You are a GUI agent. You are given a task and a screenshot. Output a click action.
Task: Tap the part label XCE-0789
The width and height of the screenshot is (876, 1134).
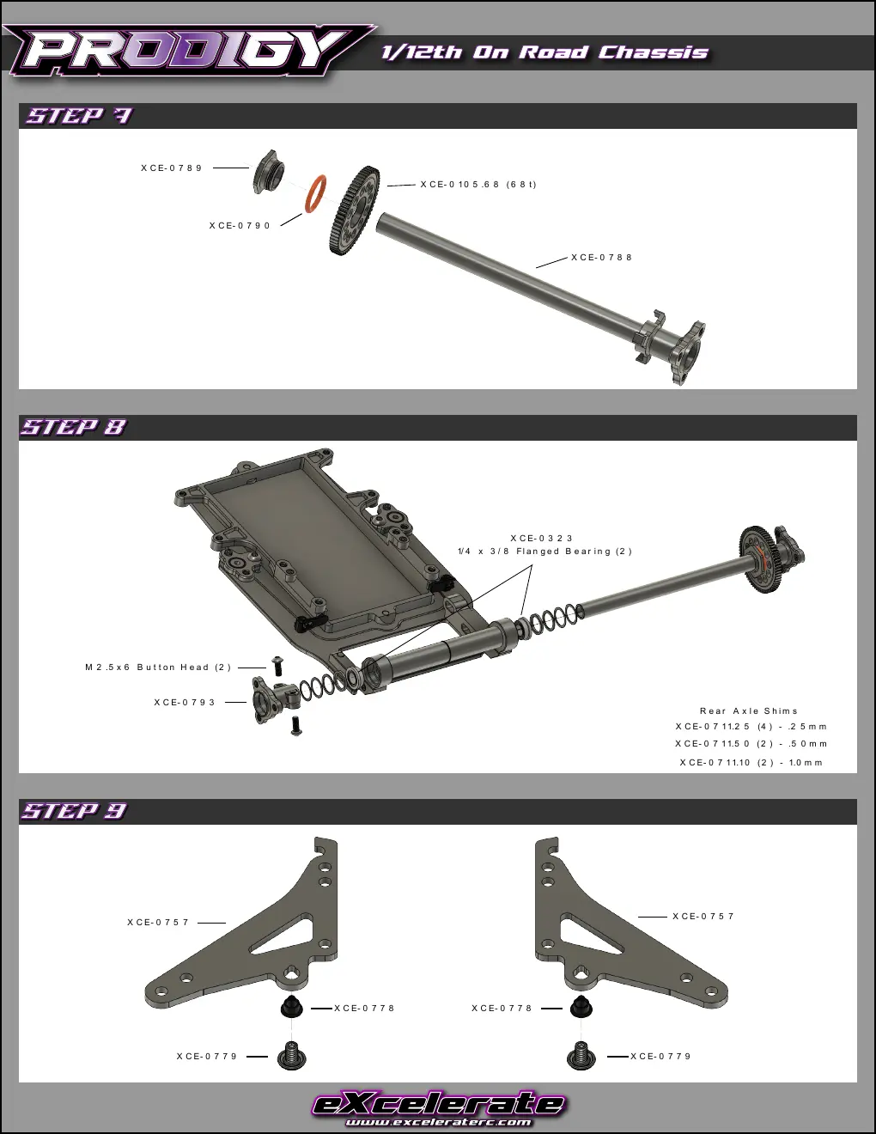click(x=171, y=168)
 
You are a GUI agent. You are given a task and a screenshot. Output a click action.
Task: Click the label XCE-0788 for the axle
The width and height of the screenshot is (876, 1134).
click(x=601, y=257)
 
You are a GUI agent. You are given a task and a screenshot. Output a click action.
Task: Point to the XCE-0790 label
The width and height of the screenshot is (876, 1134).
click(x=240, y=225)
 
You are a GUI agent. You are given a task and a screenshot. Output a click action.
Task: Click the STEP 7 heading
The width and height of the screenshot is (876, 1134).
click(x=79, y=115)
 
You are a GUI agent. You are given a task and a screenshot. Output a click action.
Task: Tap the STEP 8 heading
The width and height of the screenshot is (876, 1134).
click(x=74, y=427)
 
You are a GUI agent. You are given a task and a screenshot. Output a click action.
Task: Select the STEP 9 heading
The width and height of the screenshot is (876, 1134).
click(x=74, y=810)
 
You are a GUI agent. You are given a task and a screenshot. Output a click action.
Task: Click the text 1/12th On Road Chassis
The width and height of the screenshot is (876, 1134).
click(x=544, y=52)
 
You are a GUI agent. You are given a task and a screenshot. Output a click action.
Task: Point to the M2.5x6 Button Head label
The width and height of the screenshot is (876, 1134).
click(x=158, y=667)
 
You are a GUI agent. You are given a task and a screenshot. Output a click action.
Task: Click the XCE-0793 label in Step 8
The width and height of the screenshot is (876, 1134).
click(x=185, y=703)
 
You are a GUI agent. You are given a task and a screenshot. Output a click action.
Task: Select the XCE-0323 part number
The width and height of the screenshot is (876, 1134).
click(x=542, y=538)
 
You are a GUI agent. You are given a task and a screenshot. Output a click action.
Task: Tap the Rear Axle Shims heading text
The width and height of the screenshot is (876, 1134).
click(x=749, y=710)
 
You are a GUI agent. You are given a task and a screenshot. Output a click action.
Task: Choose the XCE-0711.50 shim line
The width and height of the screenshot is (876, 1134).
click(x=751, y=744)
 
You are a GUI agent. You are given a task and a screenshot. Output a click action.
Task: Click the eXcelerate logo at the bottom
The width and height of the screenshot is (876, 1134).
click(x=439, y=1104)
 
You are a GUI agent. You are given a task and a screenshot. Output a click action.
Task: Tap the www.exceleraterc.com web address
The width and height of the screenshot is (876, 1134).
click(x=438, y=1122)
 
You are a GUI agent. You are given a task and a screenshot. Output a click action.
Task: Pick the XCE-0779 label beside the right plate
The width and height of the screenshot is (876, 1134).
click(x=660, y=1056)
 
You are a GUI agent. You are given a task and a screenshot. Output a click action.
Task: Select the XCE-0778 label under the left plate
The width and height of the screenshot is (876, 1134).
click(x=364, y=1009)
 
